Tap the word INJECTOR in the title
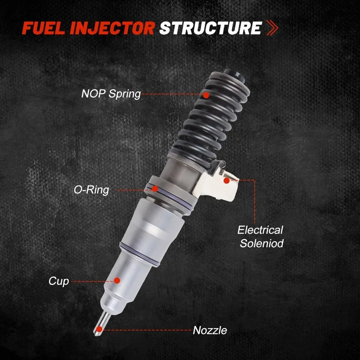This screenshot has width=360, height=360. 112,28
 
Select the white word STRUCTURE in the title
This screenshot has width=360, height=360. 211,28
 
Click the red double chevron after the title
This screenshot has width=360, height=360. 273,28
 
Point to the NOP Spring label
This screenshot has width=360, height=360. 111,94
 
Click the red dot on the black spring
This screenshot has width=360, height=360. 206,95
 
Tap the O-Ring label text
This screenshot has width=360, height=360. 91,190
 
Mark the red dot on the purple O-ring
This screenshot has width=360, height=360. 155,189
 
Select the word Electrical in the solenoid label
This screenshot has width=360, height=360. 261,230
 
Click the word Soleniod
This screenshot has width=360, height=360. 262,243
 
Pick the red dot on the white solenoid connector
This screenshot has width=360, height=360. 226,180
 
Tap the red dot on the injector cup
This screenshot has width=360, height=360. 117,280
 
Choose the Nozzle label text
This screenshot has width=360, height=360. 210,330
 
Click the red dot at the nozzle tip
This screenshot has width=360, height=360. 99,329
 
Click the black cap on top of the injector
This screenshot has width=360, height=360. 234,75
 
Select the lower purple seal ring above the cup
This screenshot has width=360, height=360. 139,254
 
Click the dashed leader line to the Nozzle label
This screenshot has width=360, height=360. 147,330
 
